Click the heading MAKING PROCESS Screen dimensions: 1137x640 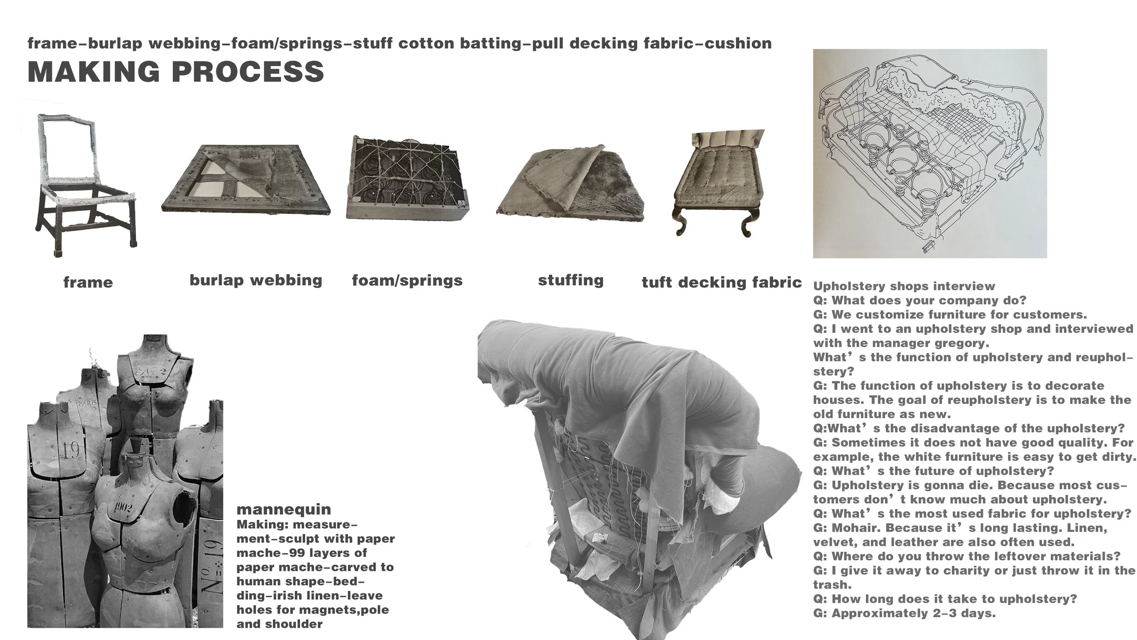pyautogui.click(x=176, y=72)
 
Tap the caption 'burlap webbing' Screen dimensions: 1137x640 pyautogui.click(x=256, y=280)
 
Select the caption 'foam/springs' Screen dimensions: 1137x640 pyautogui.click(x=407, y=280)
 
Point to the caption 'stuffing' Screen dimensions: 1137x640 pyautogui.click(x=571, y=280)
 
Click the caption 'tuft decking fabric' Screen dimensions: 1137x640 pyautogui.click(x=721, y=282)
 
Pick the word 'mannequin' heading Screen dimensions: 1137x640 pyautogui.click(x=284, y=509)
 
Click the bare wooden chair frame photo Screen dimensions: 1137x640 pyautogui.click(x=86, y=182)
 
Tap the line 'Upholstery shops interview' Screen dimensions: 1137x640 pyautogui.click(x=904, y=286)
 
